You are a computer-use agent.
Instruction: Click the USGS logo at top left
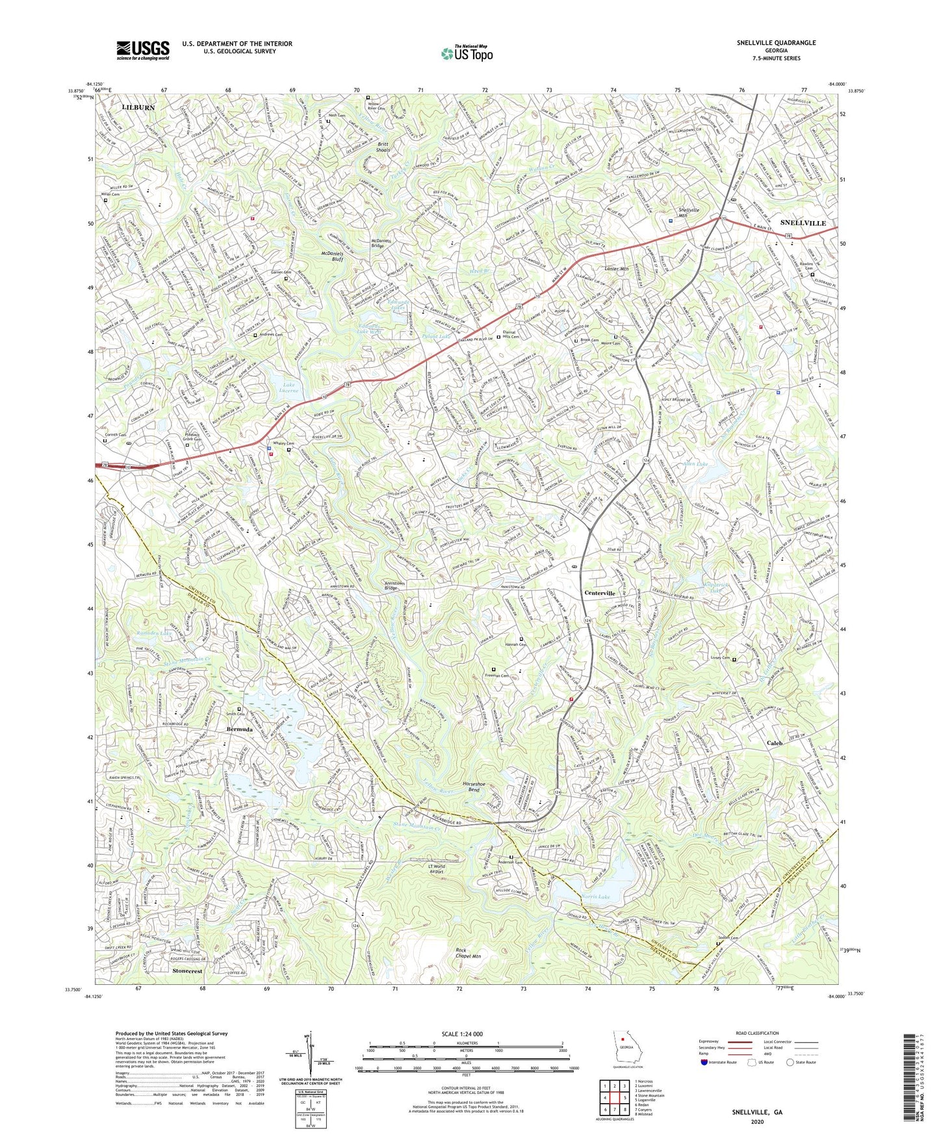point(143,49)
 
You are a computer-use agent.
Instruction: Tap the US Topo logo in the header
point(466,53)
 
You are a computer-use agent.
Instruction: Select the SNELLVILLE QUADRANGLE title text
point(776,43)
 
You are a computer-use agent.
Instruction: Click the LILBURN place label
point(138,107)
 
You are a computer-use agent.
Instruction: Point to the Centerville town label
point(599,594)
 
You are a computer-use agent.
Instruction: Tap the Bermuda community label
point(240,729)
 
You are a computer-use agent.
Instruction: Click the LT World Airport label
point(445,870)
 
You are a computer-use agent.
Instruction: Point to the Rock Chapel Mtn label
point(468,952)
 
